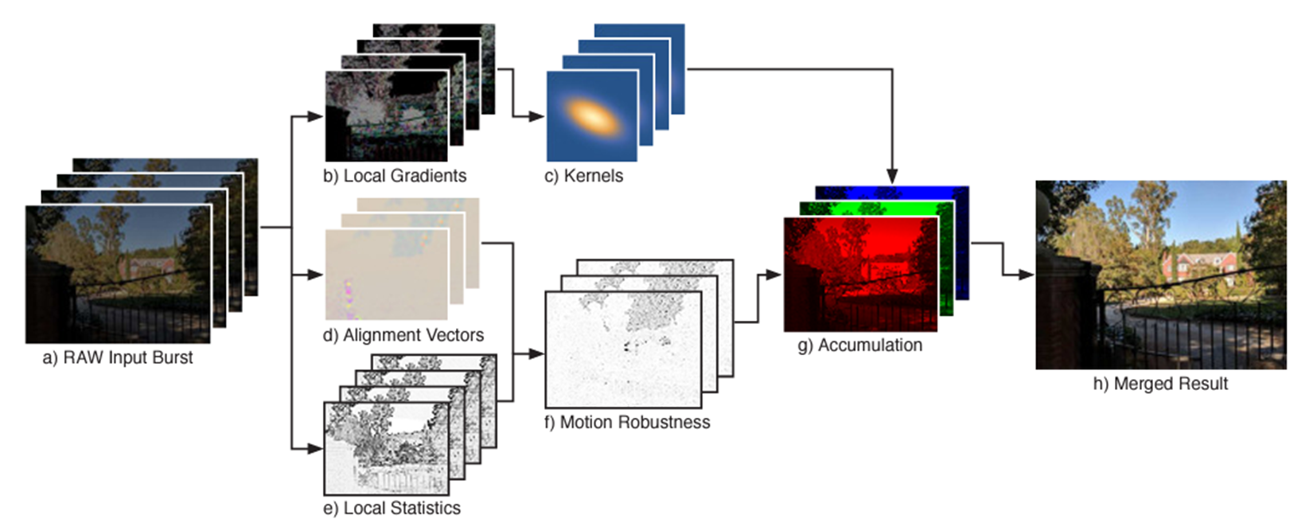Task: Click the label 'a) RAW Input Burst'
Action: click(x=118, y=358)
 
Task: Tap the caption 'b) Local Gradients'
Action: click(x=395, y=176)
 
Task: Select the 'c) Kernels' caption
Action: click(x=583, y=176)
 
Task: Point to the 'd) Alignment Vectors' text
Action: click(x=403, y=335)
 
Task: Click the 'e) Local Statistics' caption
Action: click(x=392, y=508)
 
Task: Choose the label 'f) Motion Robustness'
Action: click(x=627, y=422)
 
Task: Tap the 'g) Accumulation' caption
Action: click(x=859, y=345)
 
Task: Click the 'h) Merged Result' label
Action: click(x=1160, y=384)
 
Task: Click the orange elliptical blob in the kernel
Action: click(x=591, y=116)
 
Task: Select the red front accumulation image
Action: click(x=859, y=275)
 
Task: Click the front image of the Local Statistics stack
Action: click(x=386, y=448)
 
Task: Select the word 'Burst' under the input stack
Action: click(x=174, y=358)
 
